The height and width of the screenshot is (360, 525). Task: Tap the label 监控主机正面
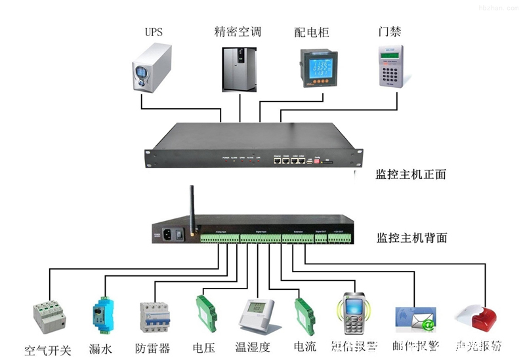(411, 174)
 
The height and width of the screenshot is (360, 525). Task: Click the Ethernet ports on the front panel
(289, 159)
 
